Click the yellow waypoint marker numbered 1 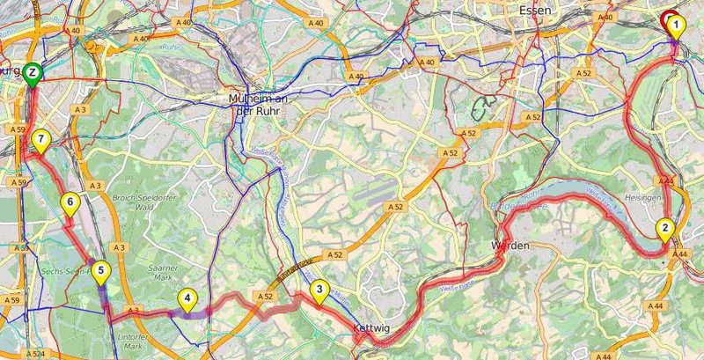(x=676, y=26)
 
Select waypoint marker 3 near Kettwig (x=319, y=289)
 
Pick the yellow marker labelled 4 (x=187, y=299)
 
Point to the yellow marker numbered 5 (x=101, y=272)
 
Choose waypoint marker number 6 (x=70, y=203)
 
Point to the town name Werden (x=511, y=246)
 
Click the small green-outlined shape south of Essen (x=482, y=107)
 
